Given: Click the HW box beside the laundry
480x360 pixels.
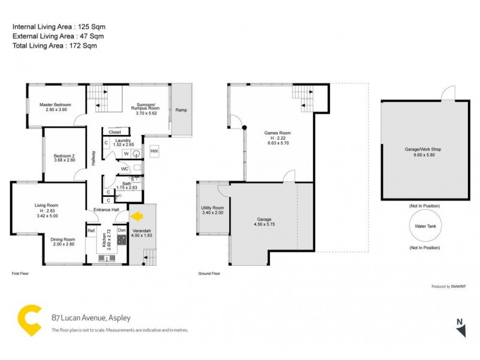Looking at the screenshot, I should pyautogui.click(x=154, y=151).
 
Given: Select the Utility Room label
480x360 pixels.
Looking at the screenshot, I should pyautogui.click(x=212, y=208).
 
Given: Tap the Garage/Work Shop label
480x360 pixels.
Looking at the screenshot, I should pyautogui.click(x=424, y=148).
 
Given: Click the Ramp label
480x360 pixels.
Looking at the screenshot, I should pyautogui.click(x=181, y=110).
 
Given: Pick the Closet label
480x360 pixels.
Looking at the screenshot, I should pyautogui.click(x=115, y=132).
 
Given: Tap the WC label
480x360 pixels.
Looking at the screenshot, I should pyautogui.click(x=125, y=169).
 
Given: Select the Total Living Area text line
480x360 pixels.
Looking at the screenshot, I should pyautogui.click(x=55, y=46).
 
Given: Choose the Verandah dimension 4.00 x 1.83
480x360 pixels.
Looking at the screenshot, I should pyautogui.click(x=143, y=236).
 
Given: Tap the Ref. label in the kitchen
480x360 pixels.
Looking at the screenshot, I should pyautogui.click(x=92, y=230).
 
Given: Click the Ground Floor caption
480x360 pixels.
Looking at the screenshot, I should pyautogui.click(x=209, y=273).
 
